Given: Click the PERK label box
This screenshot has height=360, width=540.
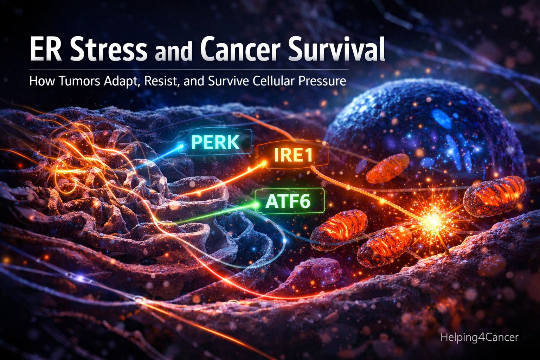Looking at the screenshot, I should coord(215,142).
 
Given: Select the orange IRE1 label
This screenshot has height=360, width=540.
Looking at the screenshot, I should coord(292,155).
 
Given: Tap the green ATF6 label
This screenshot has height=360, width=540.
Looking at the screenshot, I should coord(289,201).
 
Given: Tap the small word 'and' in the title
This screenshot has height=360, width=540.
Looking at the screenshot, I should coord(174,52).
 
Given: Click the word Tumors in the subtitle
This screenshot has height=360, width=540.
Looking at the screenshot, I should coord(79,81).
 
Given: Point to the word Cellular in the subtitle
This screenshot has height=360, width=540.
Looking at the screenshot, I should coord(273,81).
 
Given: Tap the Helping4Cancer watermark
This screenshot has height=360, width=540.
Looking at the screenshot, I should coord(479,337).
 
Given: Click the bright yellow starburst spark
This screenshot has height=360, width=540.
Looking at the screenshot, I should coord(433,221).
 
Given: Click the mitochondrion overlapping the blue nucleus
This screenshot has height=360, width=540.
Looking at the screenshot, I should coord(388,168).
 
